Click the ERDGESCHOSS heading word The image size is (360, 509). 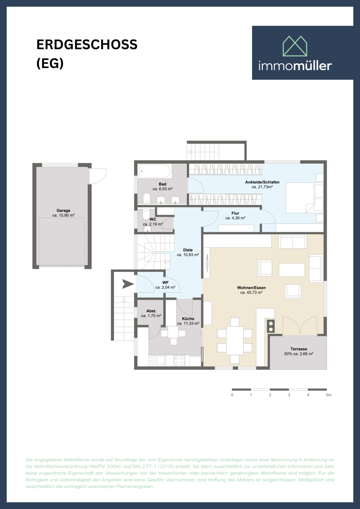[x=87, y=45]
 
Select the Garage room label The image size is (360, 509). [x=63, y=210]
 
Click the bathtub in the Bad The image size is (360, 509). [x=155, y=172]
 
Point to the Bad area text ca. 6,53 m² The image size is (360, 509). [x=162, y=189]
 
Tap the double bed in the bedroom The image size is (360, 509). [x=304, y=198]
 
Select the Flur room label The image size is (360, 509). [x=236, y=213]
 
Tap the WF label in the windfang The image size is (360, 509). [x=165, y=282]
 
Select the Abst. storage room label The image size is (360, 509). [x=151, y=311]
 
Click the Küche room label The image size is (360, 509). [x=188, y=319]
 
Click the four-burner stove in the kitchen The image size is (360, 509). [x=180, y=361]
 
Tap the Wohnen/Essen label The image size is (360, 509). [x=251, y=288]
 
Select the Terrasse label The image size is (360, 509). [x=298, y=349]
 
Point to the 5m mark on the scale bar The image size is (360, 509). [x=328, y=395]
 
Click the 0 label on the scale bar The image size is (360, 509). [x=232, y=395]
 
